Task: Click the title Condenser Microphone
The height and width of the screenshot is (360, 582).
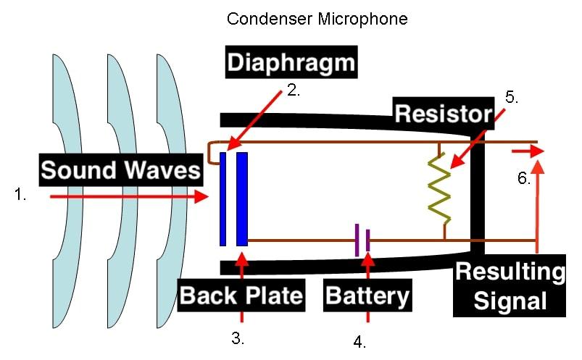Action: click(x=317, y=18)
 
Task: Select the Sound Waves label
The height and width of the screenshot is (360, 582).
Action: click(x=120, y=170)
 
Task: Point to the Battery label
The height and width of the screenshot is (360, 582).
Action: click(x=368, y=296)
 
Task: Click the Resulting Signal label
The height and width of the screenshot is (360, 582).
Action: click(x=510, y=286)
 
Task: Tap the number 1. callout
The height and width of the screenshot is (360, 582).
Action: click(x=21, y=193)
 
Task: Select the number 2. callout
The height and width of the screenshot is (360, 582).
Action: click(x=294, y=92)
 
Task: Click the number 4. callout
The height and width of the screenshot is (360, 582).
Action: click(x=359, y=342)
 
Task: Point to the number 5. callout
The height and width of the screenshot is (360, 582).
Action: click(x=512, y=98)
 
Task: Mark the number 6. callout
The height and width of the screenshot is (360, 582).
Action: click(x=525, y=178)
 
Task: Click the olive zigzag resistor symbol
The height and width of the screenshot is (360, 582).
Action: click(x=440, y=188)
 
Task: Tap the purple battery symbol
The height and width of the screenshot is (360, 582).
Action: click(x=362, y=240)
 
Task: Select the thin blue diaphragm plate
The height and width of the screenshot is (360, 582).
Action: click(x=223, y=198)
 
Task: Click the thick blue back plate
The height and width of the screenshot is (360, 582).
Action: click(x=242, y=198)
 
